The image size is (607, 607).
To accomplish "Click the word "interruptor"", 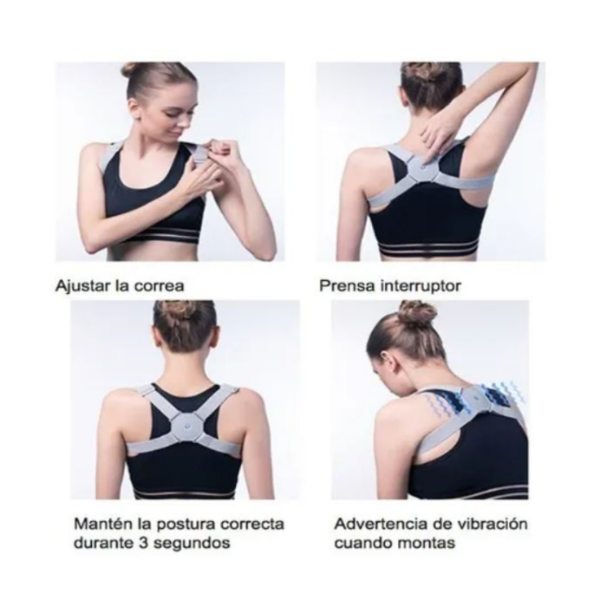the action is point(421,286).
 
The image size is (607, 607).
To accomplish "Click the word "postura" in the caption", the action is point(187,525).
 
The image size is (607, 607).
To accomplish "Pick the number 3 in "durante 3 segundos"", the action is point(141,543).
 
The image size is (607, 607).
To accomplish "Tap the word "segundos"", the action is point(192,544).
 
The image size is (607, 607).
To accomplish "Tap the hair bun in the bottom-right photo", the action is point(418,314).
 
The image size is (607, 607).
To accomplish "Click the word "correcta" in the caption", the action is point(252,524).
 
